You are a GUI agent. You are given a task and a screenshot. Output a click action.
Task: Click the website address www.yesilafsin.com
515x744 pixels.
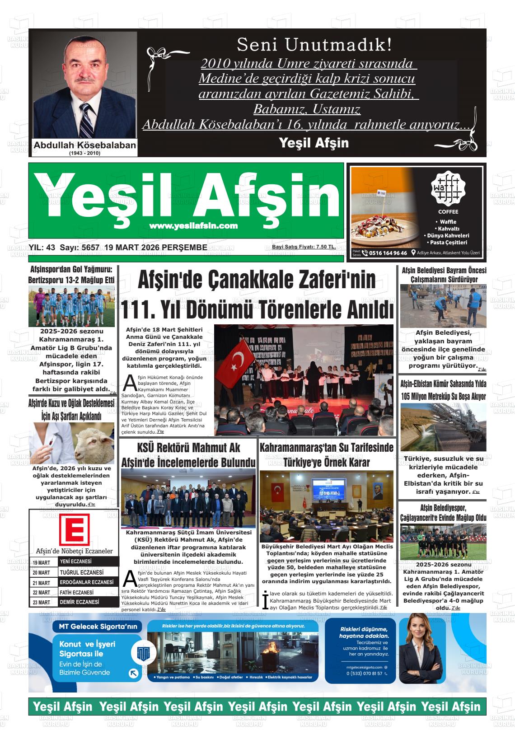coord(193,226)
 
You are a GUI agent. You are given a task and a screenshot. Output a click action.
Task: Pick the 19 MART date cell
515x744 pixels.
coord(42,562)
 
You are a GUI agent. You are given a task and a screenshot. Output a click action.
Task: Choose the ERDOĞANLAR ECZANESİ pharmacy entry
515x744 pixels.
coord(87,582)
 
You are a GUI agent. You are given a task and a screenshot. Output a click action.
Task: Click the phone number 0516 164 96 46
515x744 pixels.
coord(388,253)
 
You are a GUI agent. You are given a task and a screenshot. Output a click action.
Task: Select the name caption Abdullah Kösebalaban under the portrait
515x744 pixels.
coord(85,145)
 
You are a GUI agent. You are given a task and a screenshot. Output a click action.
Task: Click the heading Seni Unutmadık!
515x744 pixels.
coord(314,45)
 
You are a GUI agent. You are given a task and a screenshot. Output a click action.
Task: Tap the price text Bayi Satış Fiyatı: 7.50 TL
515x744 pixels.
coord(304,247)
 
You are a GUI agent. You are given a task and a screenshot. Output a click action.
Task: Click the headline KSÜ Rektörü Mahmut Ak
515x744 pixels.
coord(188,448)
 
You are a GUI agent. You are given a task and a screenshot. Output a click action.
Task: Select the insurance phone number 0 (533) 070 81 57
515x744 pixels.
coord(364,674)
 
